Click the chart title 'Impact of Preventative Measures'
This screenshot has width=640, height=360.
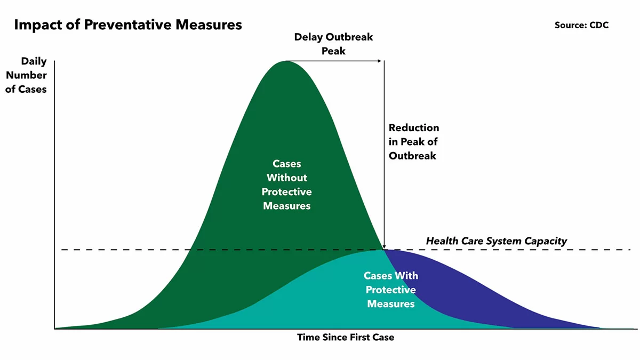128,25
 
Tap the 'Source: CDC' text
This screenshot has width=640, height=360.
581,25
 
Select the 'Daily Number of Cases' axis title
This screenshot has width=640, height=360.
27,75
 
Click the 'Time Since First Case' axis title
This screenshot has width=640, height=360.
346,337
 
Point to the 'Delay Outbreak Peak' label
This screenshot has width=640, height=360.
333,44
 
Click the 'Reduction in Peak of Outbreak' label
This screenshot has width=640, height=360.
414,142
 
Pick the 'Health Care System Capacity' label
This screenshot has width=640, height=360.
496,241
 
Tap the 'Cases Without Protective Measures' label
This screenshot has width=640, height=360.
287,185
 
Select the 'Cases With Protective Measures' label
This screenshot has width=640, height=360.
391,290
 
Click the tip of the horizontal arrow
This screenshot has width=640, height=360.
382,61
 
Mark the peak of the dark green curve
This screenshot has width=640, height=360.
286,62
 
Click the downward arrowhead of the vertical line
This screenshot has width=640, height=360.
384,246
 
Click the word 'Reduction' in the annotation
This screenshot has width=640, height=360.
414,128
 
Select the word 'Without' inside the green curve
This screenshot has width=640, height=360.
287,178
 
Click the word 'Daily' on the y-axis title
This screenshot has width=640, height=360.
34,61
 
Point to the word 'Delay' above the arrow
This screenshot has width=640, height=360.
308,37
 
